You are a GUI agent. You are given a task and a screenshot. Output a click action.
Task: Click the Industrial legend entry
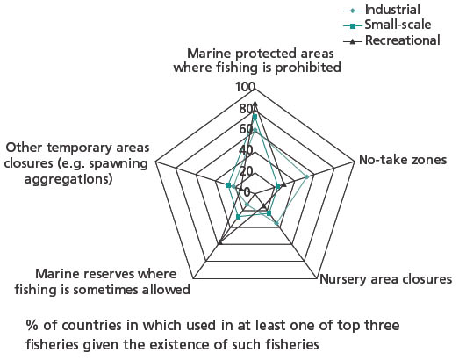coord(382,10)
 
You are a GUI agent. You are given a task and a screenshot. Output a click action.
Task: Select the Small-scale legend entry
coord(387,25)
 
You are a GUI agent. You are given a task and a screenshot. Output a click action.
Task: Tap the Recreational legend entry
coord(391,40)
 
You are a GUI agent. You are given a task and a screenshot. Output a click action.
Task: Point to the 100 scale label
coord(245,87)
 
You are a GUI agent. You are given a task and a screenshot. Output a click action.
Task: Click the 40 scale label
coord(246,150)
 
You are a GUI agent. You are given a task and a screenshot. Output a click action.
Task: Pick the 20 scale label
coord(246,171)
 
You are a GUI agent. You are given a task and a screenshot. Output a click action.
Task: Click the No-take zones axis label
coord(403,160)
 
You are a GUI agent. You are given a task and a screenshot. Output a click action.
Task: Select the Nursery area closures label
coord(386,279)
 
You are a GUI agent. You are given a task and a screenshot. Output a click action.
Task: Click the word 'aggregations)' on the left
coord(68,179)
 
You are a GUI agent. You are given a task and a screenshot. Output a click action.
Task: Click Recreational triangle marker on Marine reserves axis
coord(220,241)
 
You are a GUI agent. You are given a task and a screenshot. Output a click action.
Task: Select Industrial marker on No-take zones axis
coord(306,176)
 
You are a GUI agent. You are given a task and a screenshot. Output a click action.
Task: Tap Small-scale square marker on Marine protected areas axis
coord(255,117)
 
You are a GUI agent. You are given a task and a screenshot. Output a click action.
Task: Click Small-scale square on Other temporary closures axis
coord(228,185)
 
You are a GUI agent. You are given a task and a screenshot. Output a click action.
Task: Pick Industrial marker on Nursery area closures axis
coord(276,224)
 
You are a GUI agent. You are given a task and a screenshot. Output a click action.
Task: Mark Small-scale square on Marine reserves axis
coord(239,217)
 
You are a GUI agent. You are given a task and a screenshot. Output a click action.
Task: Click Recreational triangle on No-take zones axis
coord(283,184)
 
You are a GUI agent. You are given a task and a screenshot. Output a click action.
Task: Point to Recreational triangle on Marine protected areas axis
coord(255,104)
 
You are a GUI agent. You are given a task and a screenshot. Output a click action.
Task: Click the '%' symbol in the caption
coord(32,326)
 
